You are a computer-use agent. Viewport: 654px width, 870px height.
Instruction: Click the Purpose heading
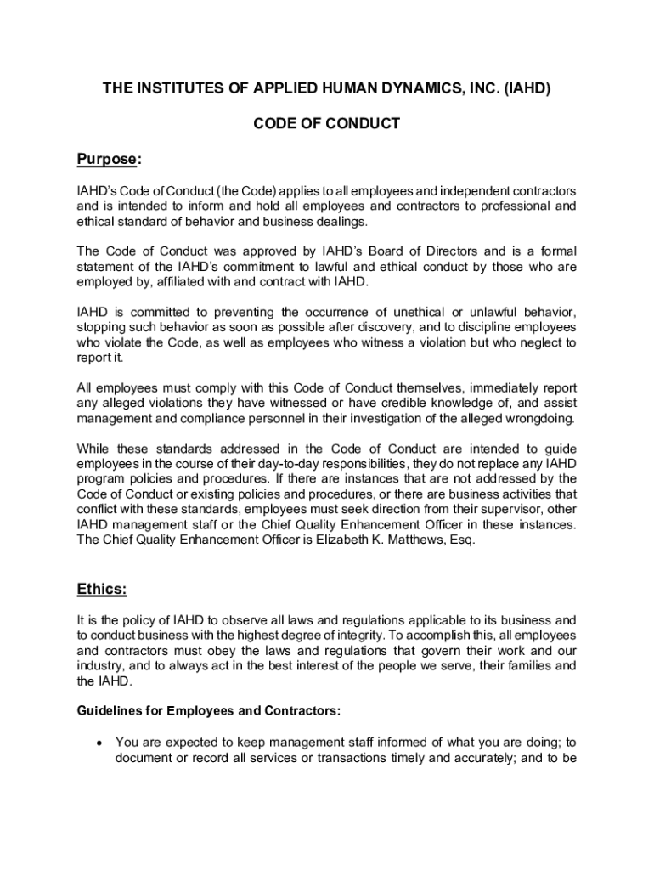click(107, 160)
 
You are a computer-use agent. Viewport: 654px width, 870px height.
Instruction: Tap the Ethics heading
click(102, 589)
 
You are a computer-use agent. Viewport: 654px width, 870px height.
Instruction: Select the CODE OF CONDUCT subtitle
click(327, 123)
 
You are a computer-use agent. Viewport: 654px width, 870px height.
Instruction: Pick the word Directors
click(447, 251)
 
